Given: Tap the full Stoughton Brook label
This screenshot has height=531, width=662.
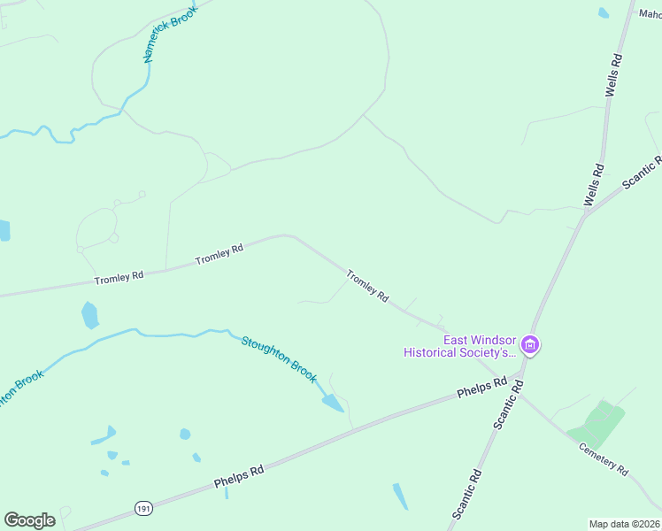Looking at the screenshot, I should pos(279,358).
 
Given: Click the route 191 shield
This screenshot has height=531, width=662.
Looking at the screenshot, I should pos(143,507).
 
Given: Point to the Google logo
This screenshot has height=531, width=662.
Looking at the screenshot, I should pos(29,520).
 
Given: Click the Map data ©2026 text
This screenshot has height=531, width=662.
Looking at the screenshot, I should pos(625,524).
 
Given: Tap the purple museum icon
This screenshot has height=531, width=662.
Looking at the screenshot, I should pos(529,344).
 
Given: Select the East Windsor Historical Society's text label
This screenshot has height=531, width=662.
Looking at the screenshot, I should pos(459,346).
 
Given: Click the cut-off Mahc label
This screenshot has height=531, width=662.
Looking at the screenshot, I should pos(650,14).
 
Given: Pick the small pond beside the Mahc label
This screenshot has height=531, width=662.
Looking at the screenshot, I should pos(604,13).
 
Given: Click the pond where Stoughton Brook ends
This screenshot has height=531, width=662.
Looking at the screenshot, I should pos(333,404).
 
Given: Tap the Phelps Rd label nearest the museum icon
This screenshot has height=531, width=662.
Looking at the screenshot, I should pos(481,387).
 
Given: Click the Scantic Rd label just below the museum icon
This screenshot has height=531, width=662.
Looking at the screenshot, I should pos(509,405).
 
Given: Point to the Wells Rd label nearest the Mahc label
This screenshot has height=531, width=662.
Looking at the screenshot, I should pos(614,75).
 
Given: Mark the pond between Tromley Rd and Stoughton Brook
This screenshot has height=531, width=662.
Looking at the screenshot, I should pos(89,314).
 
